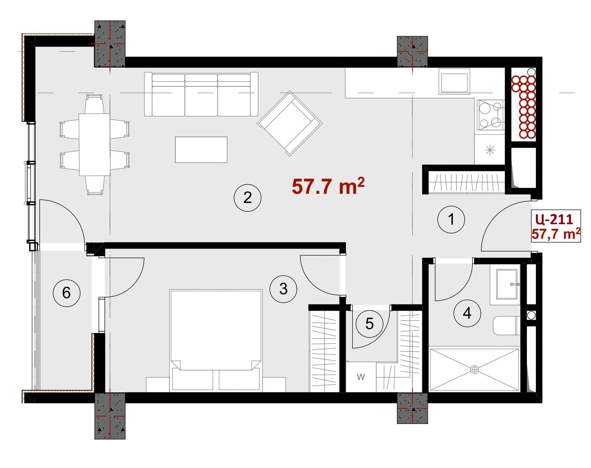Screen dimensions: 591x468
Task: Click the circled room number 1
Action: (451, 219)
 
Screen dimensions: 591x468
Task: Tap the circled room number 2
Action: (247, 197)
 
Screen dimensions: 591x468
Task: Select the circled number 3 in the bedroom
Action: (283, 289)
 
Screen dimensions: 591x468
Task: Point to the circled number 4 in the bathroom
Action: (467, 313)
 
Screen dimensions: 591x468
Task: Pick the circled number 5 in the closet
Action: (369, 324)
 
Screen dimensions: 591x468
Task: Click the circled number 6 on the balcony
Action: (66, 293)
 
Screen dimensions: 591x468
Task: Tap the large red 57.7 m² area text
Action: (328, 186)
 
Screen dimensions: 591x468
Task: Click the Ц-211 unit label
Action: (554, 219)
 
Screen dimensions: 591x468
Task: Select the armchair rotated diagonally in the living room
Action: (290, 123)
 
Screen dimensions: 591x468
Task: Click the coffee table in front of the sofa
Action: (201, 150)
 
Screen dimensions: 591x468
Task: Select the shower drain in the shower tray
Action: (474, 369)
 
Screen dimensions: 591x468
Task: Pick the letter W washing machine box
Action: (361, 377)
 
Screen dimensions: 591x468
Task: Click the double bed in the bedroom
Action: (216, 340)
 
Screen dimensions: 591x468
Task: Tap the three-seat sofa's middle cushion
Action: (201, 95)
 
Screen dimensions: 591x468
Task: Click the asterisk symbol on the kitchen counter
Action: (490, 150)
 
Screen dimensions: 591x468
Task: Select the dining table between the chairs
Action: (94, 145)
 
